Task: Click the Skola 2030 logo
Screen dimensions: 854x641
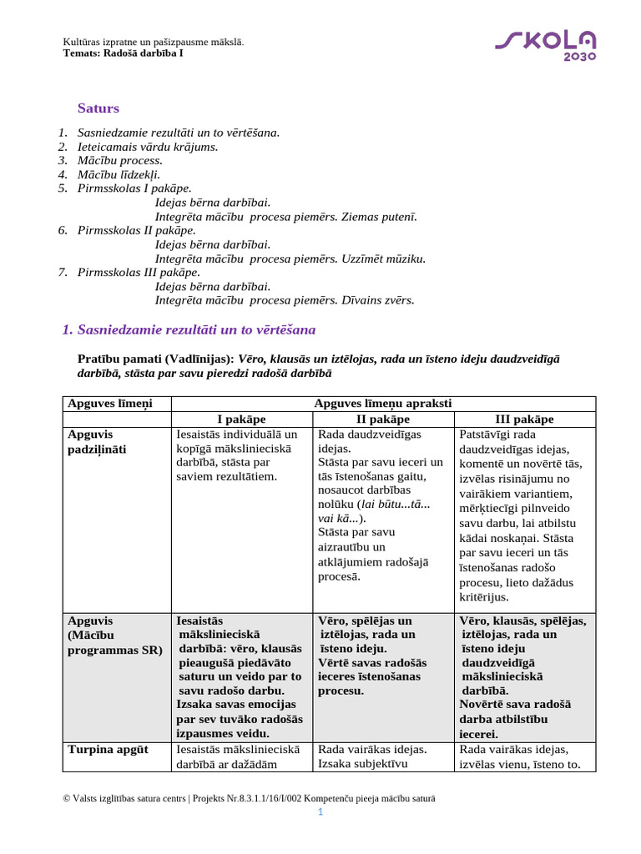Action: click(546, 45)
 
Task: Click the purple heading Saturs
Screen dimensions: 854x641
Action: click(98, 108)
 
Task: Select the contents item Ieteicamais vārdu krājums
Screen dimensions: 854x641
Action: click(148, 147)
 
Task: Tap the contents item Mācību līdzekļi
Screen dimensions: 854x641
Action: click(119, 175)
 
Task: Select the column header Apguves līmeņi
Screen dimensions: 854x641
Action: click(104, 404)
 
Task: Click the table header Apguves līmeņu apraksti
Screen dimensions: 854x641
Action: click(383, 404)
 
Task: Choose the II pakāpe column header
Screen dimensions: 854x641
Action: click(383, 419)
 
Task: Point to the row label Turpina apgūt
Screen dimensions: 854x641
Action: click(108, 750)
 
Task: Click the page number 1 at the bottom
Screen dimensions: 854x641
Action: click(320, 814)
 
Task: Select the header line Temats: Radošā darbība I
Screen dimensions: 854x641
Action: click(124, 53)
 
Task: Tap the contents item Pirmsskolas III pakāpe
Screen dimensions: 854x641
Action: click(139, 272)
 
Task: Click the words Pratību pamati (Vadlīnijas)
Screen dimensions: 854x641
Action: click(156, 359)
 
